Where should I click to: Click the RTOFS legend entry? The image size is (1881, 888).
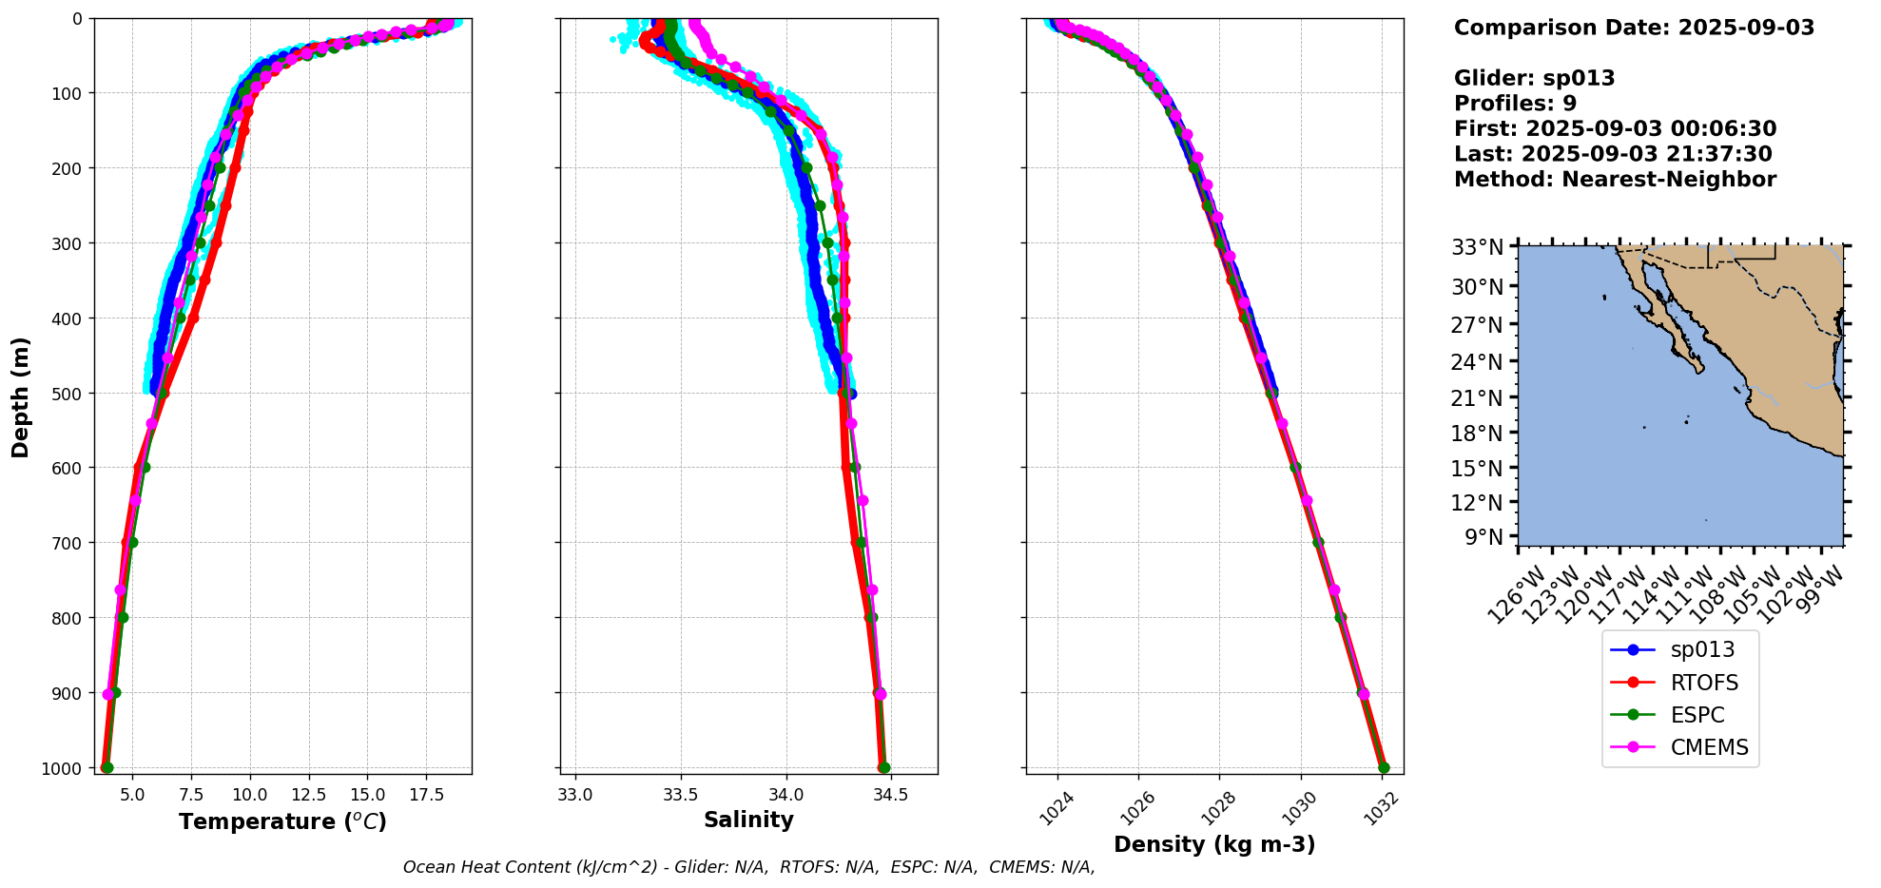(x=1703, y=683)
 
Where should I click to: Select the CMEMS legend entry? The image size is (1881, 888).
(x=1709, y=747)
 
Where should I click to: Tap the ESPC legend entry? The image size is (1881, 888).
(x=1697, y=715)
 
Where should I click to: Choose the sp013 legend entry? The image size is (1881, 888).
(x=1702, y=650)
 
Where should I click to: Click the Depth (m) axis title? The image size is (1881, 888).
(x=20, y=396)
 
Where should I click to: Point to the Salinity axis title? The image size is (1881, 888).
(x=748, y=820)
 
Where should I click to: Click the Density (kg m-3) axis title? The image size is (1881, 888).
(x=1214, y=844)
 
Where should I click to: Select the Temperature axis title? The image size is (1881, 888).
(x=282, y=821)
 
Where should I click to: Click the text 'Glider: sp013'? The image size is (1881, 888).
(x=1534, y=78)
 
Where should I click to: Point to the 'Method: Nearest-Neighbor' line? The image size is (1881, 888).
(x=1615, y=179)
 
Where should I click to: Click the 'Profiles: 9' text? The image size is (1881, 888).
(x=1515, y=104)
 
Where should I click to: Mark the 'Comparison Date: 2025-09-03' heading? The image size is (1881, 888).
(x=1634, y=28)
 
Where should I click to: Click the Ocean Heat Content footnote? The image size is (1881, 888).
(x=748, y=867)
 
